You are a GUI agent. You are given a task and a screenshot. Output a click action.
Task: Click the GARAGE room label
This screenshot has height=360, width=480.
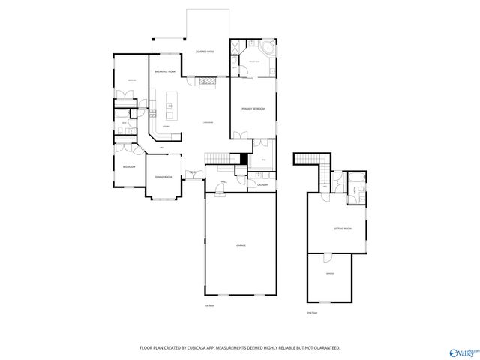click(x=241, y=245)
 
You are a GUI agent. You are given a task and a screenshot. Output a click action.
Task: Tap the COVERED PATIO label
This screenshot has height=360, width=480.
click(x=205, y=52)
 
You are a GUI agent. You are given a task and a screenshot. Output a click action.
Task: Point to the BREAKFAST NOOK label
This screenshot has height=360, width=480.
click(x=165, y=71)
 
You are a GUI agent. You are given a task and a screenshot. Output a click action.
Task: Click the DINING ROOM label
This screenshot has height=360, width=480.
click(x=163, y=177)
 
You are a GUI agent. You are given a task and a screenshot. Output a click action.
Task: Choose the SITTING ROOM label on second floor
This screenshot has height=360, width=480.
click(x=342, y=229)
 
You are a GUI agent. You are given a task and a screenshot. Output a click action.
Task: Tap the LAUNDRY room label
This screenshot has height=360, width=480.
click(x=262, y=184)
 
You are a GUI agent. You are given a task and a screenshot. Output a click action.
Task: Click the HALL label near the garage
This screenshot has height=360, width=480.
click(x=224, y=181)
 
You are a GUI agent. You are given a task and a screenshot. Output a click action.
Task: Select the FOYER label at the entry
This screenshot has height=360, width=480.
click(x=193, y=172)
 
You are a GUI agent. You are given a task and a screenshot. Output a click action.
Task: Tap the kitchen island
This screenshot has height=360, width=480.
click(x=169, y=106)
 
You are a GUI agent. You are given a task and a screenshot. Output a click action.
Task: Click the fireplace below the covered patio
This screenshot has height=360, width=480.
click(x=206, y=80)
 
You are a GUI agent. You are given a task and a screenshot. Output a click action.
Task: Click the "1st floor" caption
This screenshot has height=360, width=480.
click(x=208, y=305)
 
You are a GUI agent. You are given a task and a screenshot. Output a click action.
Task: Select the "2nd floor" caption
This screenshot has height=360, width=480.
click(x=312, y=311)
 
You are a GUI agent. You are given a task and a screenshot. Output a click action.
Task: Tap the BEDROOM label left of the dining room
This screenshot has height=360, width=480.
click(x=128, y=167)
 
